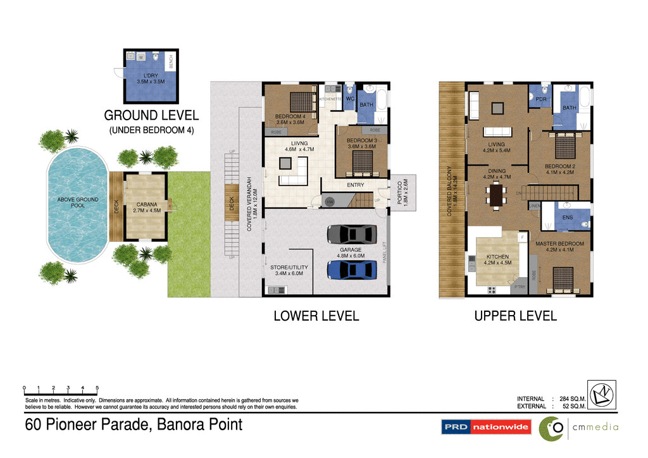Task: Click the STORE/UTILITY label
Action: (289, 270)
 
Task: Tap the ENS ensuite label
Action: (568, 218)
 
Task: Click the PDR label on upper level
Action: (540, 99)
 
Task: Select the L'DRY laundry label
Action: (150, 78)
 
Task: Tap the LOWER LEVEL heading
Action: (316, 316)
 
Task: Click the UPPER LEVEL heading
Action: (515, 316)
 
